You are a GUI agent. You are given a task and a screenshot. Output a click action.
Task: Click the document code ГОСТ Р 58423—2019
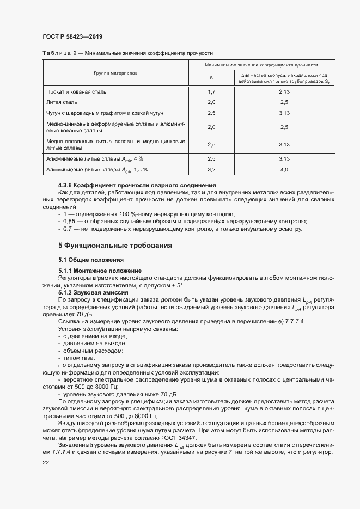72,36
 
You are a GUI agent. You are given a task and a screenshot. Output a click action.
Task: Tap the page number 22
45,462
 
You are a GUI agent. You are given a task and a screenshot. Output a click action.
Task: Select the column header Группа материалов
115,72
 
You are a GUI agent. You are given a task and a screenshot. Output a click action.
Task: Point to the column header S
211,78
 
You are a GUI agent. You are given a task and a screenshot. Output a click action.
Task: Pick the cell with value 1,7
211,91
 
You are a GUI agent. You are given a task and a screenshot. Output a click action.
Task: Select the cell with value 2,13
283,91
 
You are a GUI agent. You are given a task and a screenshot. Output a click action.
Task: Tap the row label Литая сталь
62,102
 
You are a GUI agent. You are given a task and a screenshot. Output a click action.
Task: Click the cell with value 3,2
211,170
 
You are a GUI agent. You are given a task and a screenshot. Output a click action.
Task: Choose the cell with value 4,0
283,170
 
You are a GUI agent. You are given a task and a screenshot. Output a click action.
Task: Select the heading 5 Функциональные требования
115,246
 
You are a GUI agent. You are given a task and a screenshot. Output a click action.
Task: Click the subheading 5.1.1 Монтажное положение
100,271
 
